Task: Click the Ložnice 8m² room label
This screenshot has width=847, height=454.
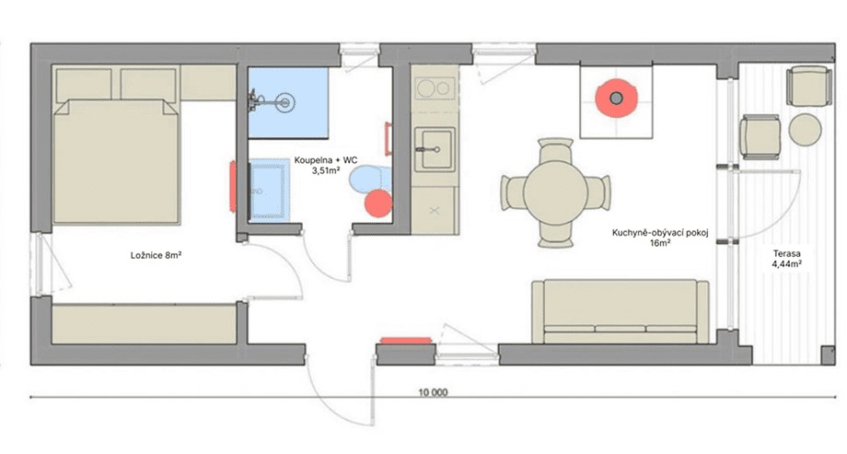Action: click(156, 255)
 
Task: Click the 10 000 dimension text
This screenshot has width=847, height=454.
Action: click(434, 393)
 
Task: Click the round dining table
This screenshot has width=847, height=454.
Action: click(556, 192)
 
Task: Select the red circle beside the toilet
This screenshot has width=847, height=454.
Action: click(377, 204)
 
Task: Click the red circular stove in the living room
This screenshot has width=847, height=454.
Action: click(616, 99)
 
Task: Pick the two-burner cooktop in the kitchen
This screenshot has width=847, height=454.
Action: click(435, 88)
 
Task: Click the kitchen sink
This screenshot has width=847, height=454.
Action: click(435, 148)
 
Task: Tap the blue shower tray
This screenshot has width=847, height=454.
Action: click(288, 102)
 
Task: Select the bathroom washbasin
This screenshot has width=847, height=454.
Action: click(268, 189)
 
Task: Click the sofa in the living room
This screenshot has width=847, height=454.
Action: click(621, 311)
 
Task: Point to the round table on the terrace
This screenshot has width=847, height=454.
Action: click(805, 130)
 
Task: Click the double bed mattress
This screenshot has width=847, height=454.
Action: click(116, 161)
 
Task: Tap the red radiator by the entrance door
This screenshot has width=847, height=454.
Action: click(406, 341)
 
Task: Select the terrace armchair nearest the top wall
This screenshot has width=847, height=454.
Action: click(807, 87)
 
